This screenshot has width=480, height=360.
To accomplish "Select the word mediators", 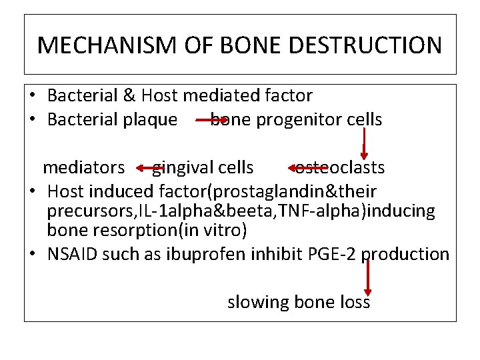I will (x=84, y=167).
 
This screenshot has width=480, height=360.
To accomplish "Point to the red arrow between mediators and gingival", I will (x=145, y=168).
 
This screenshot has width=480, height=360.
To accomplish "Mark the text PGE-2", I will (x=330, y=255).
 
